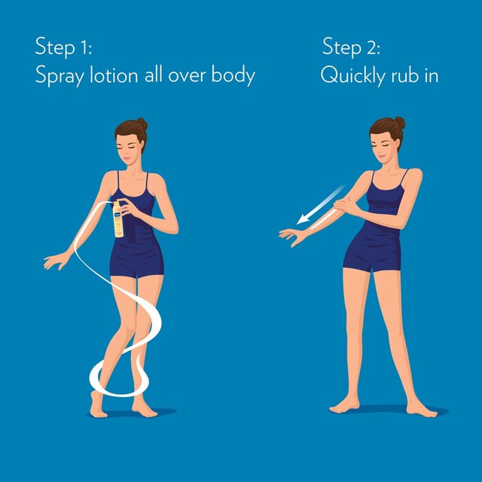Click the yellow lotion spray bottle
[x=117, y=219]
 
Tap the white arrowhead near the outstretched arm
[x=304, y=219]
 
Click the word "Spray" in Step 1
[x=59, y=75]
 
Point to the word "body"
[x=233, y=75]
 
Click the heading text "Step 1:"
[x=63, y=47]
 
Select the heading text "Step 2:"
[x=351, y=47]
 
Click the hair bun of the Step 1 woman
[x=142, y=124]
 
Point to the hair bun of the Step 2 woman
[x=400, y=123]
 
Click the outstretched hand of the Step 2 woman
[x=292, y=236]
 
